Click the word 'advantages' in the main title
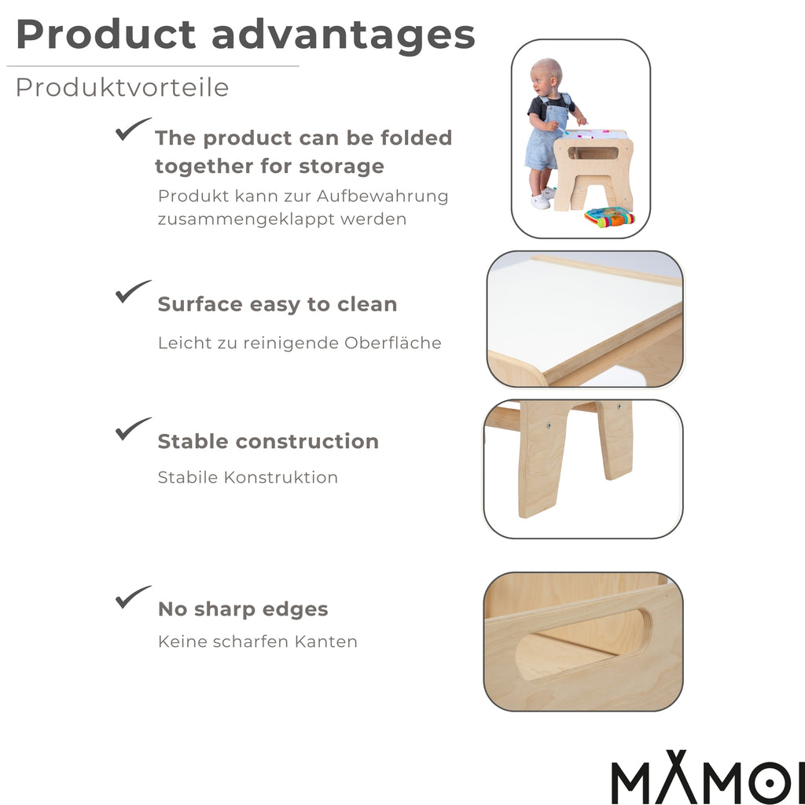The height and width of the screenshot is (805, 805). (x=344, y=36)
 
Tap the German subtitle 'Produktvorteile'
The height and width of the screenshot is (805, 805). (x=122, y=88)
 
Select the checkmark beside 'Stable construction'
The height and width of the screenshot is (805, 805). (x=133, y=428)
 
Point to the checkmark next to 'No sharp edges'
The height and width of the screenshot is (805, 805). (x=133, y=597)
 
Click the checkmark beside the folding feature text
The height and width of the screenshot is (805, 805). (x=133, y=129)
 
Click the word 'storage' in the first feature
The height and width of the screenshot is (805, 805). (x=346, y=167)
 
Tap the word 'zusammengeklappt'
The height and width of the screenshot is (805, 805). (x=246, y=219)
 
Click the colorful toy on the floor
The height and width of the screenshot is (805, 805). (x=608, y=217)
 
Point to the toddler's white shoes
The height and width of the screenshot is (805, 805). (x=541, y=199)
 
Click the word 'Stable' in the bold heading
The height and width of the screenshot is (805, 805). (x=194, y=442)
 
